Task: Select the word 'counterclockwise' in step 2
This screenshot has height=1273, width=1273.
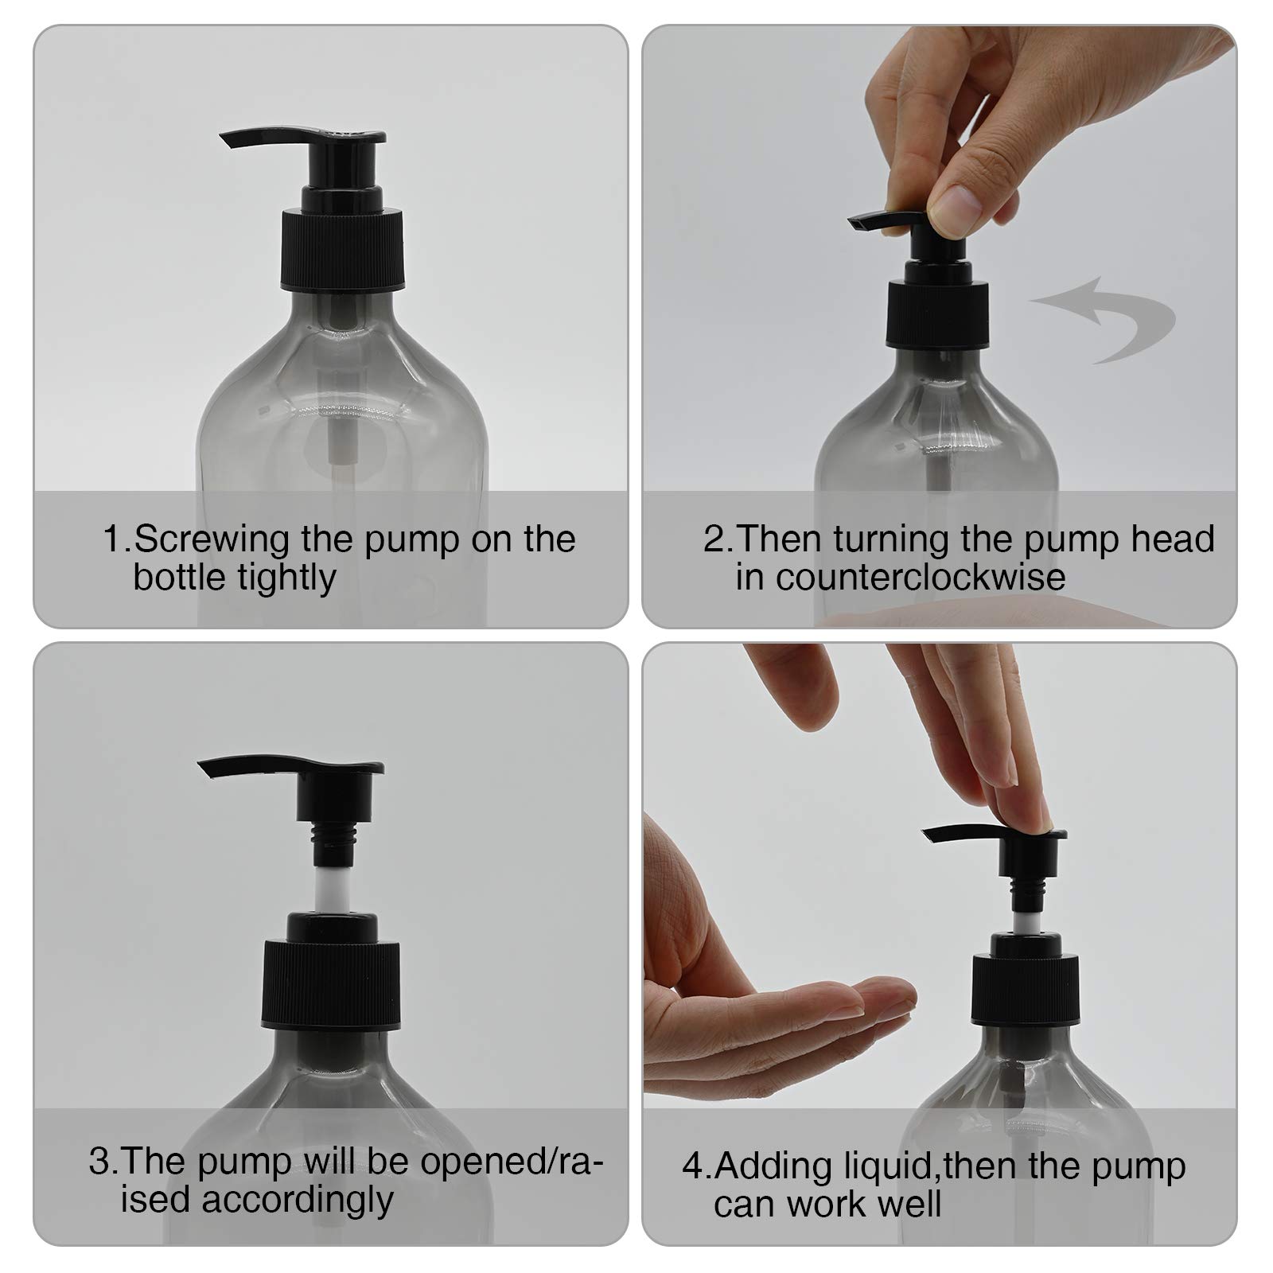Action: [x=900, y=577]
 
